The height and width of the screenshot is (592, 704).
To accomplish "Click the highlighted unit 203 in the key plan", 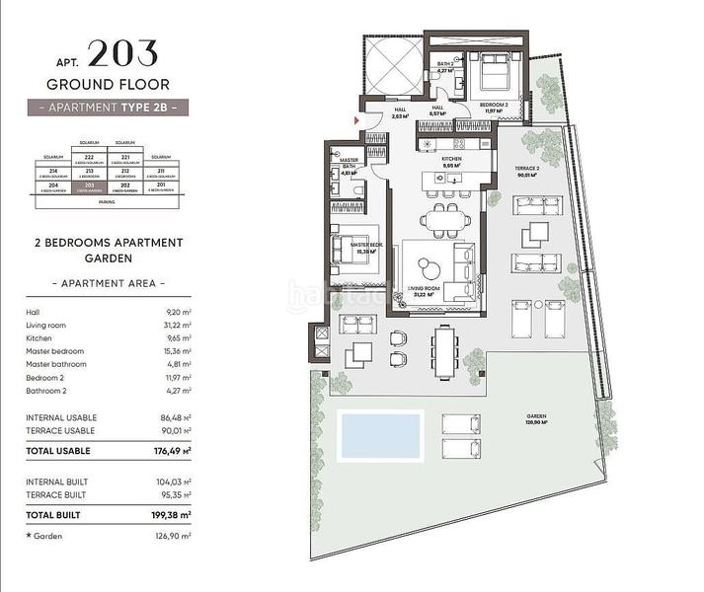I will click(x=90, y=185).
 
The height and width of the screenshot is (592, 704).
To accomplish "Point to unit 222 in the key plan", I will click(x=90, y=157).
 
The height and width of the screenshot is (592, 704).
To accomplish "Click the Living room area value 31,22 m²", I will click(x=177, y=324).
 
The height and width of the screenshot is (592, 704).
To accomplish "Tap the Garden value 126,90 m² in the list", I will click(x=176, y=536).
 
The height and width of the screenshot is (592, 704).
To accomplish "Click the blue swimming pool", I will click(x=380, y=435).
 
